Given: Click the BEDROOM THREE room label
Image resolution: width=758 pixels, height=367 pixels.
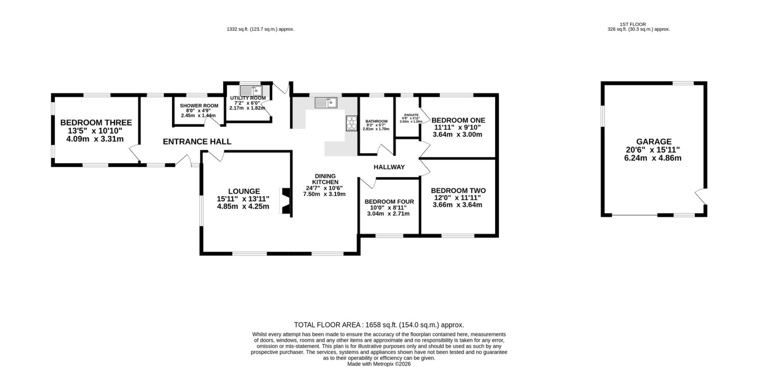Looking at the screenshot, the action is (96, 123).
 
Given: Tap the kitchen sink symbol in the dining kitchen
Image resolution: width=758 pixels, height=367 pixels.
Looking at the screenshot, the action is (326, 103).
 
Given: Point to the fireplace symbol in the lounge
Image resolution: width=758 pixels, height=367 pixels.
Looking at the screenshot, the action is (285, 201).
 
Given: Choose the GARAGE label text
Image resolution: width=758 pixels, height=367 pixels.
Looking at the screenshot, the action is (654, 142).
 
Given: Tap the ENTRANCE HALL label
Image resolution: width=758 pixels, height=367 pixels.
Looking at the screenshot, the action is (197, 142).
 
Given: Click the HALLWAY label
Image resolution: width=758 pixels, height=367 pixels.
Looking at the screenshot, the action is (389, 167).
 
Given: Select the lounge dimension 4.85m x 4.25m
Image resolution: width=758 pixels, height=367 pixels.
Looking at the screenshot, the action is (243, 206).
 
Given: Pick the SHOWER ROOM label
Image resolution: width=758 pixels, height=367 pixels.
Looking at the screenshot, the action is (199, 106).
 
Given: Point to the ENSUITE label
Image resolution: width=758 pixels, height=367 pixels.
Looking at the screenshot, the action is (411, 115).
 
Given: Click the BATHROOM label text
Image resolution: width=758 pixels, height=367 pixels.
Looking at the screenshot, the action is (376, 121).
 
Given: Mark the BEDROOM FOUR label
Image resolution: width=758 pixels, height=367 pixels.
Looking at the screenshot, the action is (389, 202).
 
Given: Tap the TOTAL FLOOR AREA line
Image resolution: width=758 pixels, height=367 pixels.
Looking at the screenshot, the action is (379, 325).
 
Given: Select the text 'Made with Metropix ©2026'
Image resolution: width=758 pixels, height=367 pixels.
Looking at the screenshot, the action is (379, 364).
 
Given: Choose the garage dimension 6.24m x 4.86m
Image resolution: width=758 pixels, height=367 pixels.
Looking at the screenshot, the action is (653, 158).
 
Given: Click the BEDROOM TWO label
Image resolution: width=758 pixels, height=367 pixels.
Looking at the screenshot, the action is (458, 191).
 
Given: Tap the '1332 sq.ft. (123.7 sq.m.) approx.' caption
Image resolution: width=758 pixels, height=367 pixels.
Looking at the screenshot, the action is (261, 29).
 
